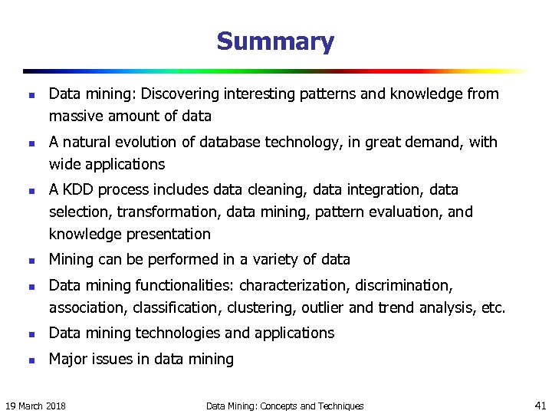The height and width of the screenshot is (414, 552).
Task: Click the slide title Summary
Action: tap(275, 41)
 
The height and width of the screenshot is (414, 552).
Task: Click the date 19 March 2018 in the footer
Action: tap(34, 406)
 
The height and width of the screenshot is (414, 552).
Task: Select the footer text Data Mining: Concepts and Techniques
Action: tap(285, 406)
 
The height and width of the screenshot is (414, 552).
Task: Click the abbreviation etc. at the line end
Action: tap(493, 308)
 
